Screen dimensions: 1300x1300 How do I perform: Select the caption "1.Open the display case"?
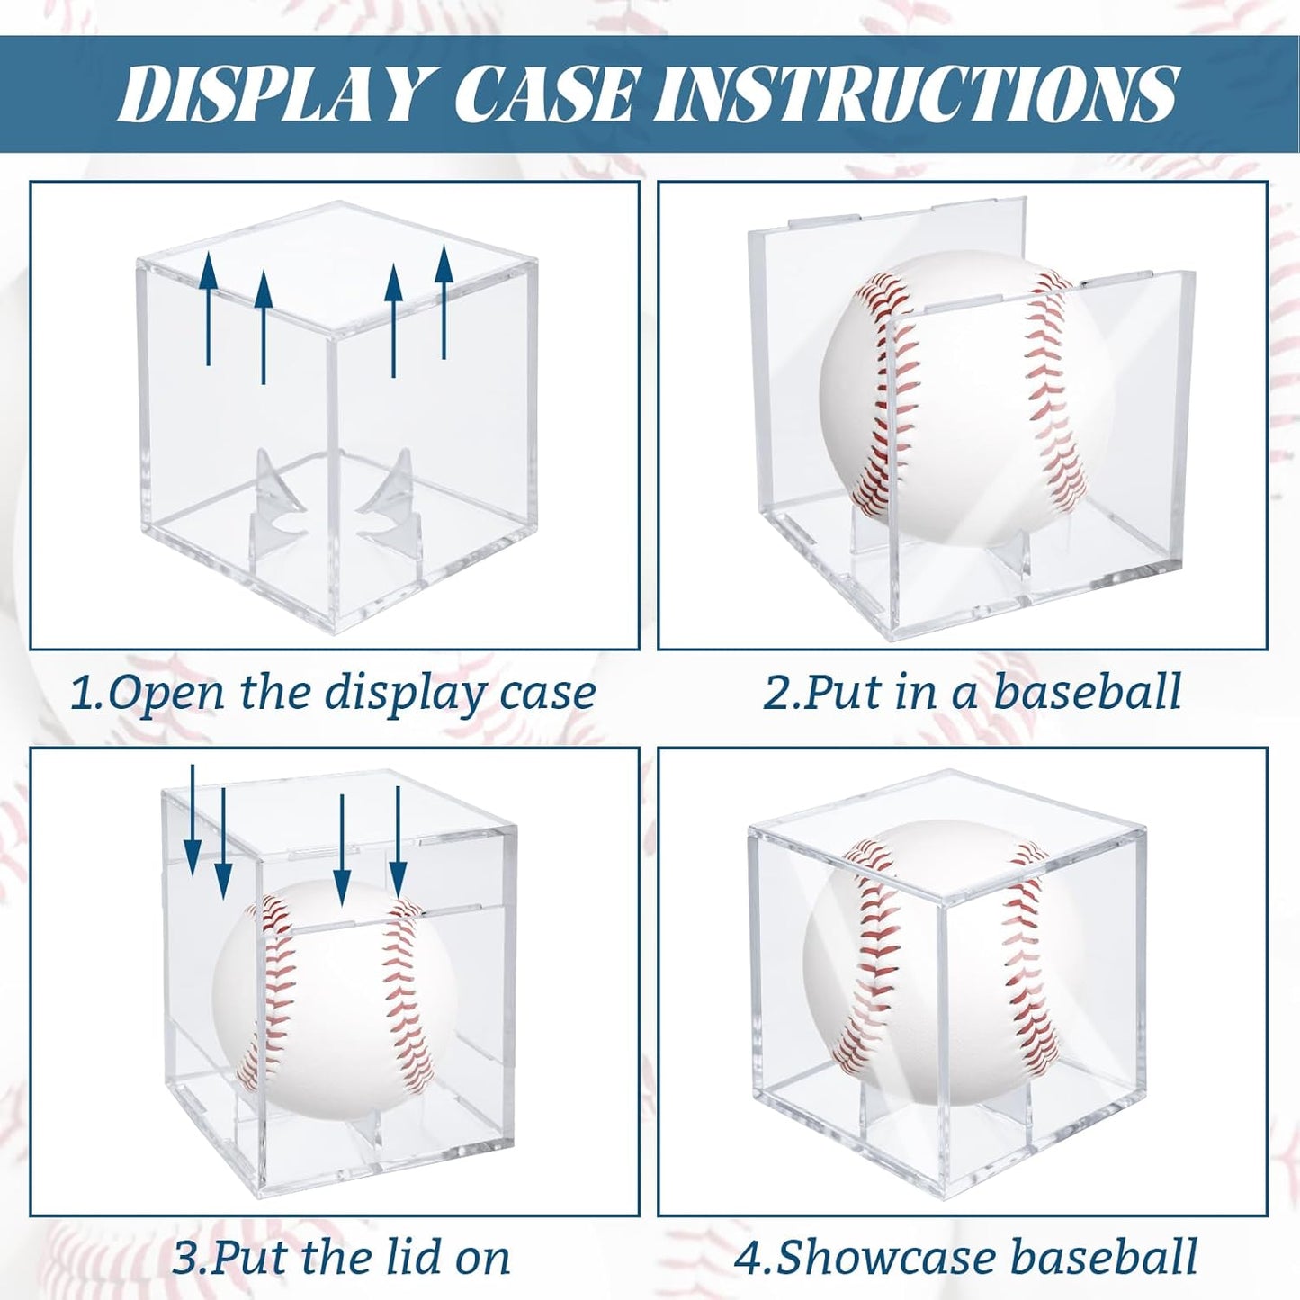(333, 694)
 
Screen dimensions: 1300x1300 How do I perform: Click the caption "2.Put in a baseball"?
(972, 693)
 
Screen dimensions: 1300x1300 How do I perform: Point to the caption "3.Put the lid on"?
(341, 1257)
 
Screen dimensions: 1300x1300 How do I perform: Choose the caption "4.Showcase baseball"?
(965, 1257)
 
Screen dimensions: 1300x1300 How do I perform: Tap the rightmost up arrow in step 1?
(444, 301)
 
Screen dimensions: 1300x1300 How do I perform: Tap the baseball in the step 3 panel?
(333, 999)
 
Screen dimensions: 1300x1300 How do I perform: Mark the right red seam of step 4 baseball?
(1035, 954)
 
